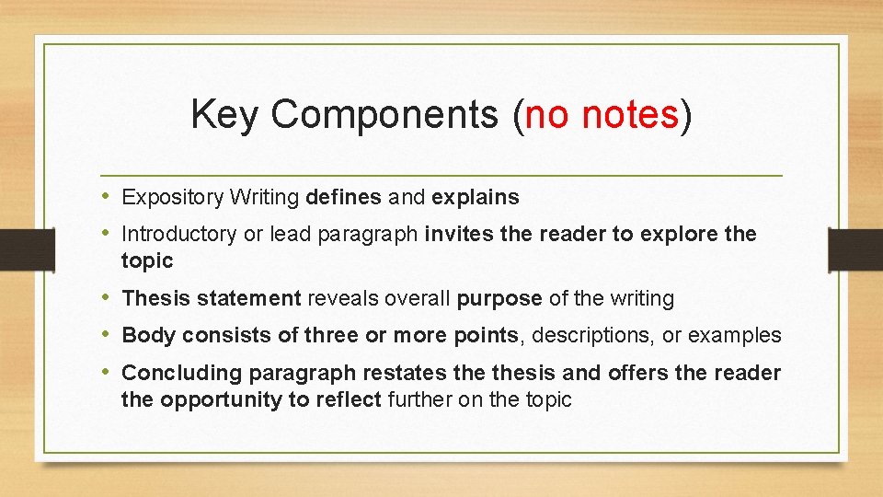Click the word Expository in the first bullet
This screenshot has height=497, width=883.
pos(173,197)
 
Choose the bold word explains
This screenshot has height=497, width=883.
pos(475,197)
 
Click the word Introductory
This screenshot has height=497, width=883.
pos(178,234)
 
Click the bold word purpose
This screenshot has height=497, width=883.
pos(499,298)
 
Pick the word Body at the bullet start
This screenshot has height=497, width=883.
pos(148,335)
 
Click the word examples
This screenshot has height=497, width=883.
pos(735,335)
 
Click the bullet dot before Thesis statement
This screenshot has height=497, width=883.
pos(109,298)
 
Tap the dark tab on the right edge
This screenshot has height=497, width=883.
pos(855,248)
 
